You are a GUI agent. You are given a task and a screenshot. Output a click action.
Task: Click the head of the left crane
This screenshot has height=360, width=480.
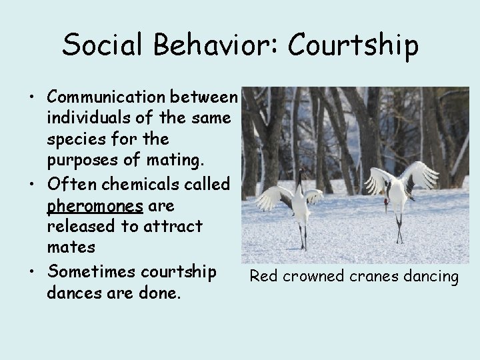pyautogui.click(x=302, y=173)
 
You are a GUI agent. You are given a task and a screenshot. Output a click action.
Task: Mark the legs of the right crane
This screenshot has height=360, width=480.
pyautogui.click(x=398, y=230)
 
